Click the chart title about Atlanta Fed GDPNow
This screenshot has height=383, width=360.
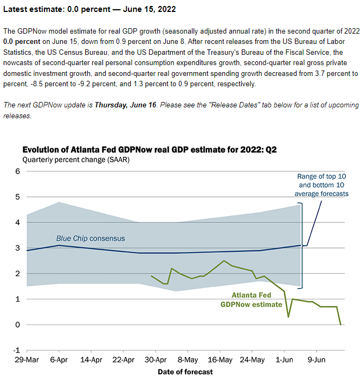[x=146, y=150]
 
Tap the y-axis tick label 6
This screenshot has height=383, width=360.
[x=17, y=171]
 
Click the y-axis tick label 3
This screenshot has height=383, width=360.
[x=17, y=248]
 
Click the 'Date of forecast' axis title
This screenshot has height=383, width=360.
[x=185, y=372]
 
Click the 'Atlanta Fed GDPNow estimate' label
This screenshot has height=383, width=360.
[x=251, y=300]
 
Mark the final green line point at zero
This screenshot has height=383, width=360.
[x=341, y=324]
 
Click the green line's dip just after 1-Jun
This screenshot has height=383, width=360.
[x=288, y=317]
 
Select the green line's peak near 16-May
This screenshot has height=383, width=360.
[x=224, y=261]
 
